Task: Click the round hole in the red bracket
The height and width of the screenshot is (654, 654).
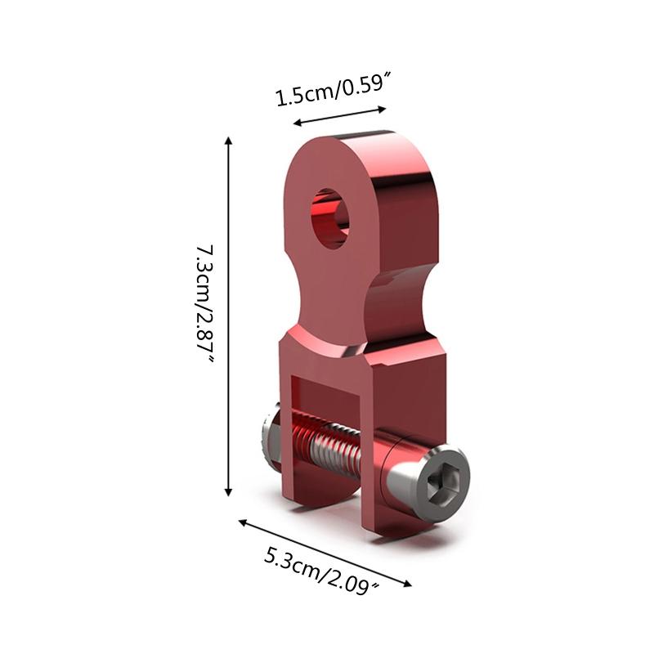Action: [x=329, y=217]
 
